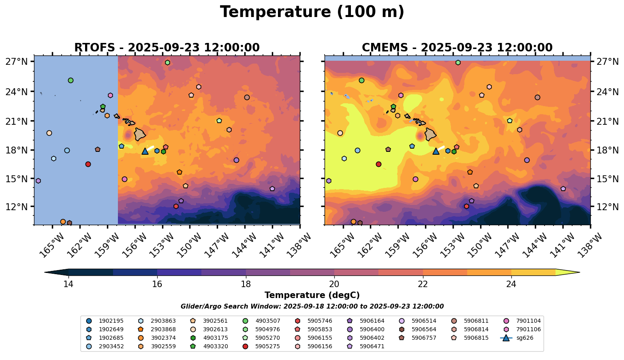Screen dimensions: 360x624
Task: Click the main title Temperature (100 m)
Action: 312,12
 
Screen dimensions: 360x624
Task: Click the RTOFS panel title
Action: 167,48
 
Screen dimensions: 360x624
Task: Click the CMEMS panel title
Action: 457,48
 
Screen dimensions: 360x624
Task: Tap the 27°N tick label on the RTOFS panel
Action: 16,62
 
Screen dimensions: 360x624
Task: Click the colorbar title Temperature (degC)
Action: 312,295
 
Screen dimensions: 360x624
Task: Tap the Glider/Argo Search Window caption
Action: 312,307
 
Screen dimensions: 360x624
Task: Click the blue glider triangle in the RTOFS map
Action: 145,151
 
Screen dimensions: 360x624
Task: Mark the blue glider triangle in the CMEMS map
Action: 436,151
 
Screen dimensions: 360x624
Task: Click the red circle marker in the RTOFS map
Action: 88,164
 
